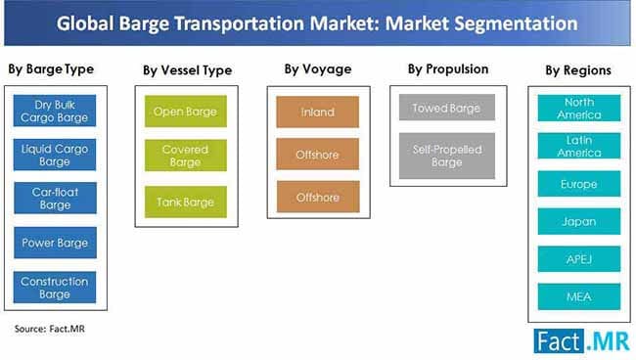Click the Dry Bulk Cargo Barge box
(55, 112)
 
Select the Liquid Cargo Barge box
(55, 155)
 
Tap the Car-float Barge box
(55, 199)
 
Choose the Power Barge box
(55, 243)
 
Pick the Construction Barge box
(55, 287)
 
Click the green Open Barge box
(185, 112)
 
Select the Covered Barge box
(185, 157)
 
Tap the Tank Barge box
(185, 202)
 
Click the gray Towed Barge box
(446, 109)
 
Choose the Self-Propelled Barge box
(446, 157)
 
